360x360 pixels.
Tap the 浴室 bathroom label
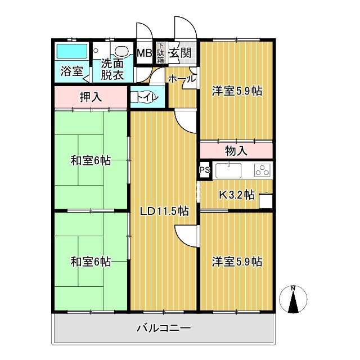click(x=71, y=71)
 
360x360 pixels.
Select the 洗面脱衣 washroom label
click(x=112, y=69)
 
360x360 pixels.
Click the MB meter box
click(x=145, y=54)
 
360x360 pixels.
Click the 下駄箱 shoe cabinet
click(x=160, y=53)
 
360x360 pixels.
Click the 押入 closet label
click(x=91, y=97)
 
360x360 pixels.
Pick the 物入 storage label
click(x=236, y=150)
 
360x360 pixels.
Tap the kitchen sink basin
click(x=227, y=169)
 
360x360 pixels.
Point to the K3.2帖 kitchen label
click(x=236, y=195)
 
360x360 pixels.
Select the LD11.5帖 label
click(x=164, y=211)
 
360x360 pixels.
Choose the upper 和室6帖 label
click(x=91, y=161)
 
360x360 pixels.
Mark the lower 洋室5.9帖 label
click(x=237, y=262)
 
